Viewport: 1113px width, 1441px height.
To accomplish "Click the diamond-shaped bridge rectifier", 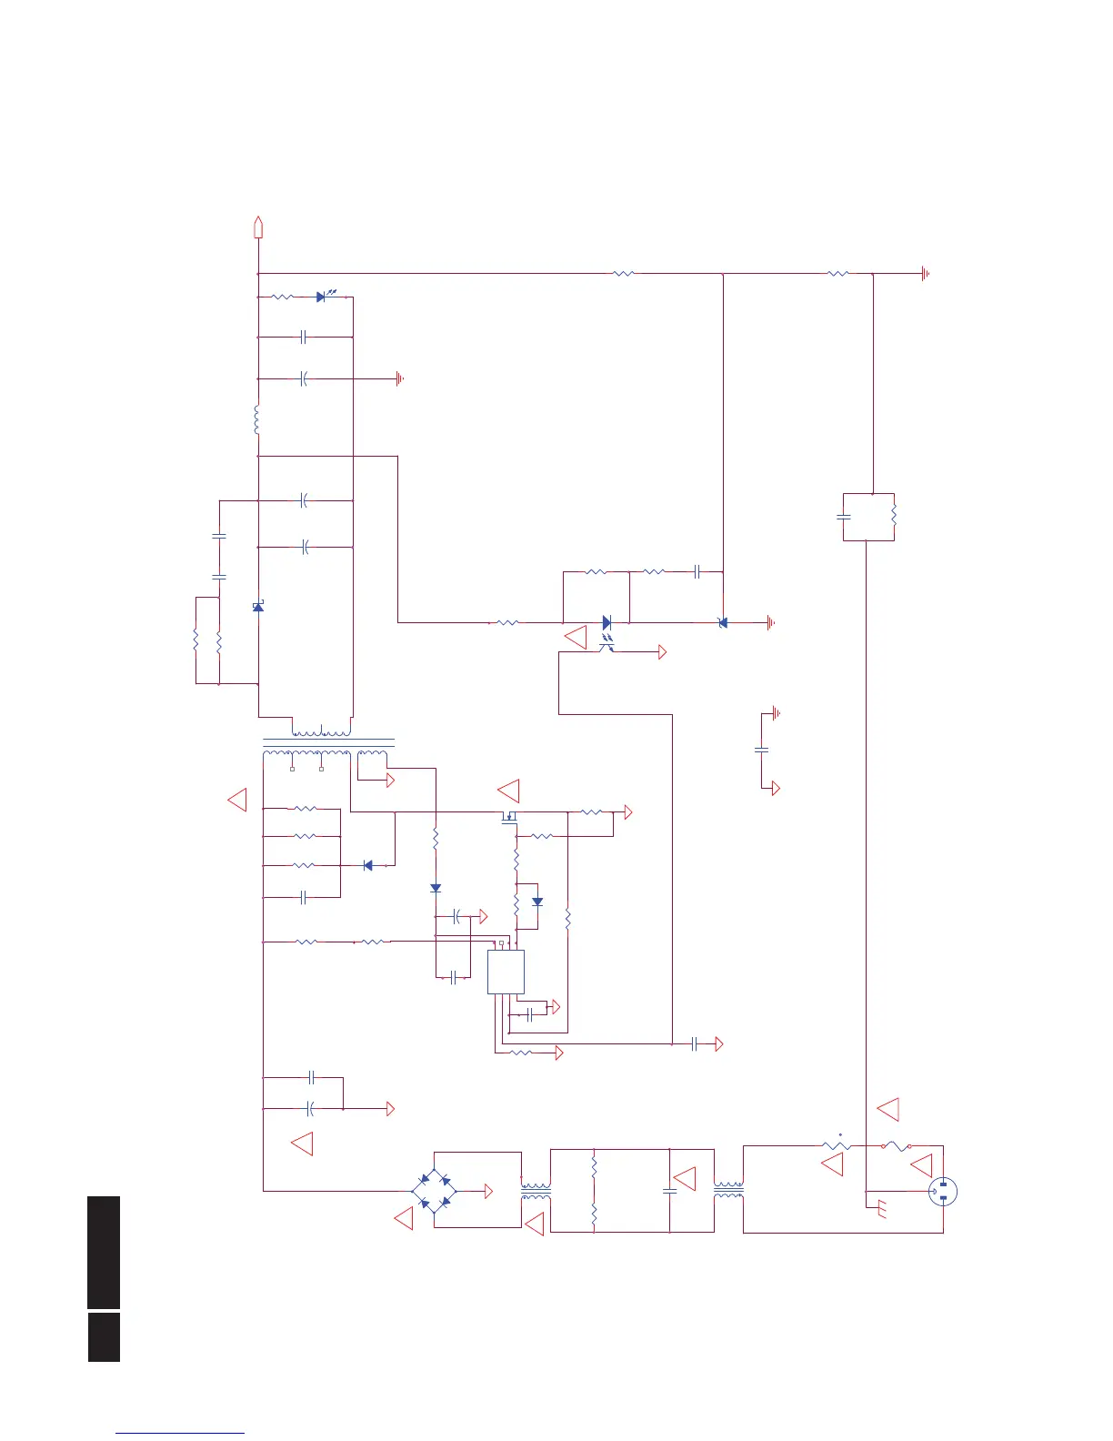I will (x=435, y=1190).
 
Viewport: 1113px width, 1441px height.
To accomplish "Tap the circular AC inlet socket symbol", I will (x=943, y=1192).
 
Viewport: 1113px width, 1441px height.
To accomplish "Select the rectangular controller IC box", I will (x=506, y=972).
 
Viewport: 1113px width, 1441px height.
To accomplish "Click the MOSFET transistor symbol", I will (x=508, y=817).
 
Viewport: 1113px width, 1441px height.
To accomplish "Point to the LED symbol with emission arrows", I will (x=322, y=297).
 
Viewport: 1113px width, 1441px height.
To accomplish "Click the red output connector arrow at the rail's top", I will (x=258, y=227).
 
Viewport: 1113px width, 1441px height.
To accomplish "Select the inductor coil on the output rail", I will (x=258, y=419).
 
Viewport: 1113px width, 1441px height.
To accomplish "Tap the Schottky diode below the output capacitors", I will (x=258, y=606).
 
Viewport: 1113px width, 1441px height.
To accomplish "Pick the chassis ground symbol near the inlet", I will (x=880, y=1210).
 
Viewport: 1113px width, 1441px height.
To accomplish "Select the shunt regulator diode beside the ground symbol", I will (x=723, y=623).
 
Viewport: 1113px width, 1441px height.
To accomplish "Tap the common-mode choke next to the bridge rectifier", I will (x=536, y=1192).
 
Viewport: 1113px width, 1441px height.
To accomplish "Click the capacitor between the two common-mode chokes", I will (x=670, y=1190).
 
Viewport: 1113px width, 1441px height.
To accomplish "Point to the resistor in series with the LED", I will (x=283, y=297).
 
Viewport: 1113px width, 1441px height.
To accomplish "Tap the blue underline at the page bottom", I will (x=180, y=1434).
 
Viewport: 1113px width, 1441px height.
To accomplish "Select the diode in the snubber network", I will (x=367, y=865).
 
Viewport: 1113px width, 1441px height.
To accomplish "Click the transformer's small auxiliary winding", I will (x=372, y=755).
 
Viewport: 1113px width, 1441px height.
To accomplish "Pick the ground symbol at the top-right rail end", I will (x=925, y=273).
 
